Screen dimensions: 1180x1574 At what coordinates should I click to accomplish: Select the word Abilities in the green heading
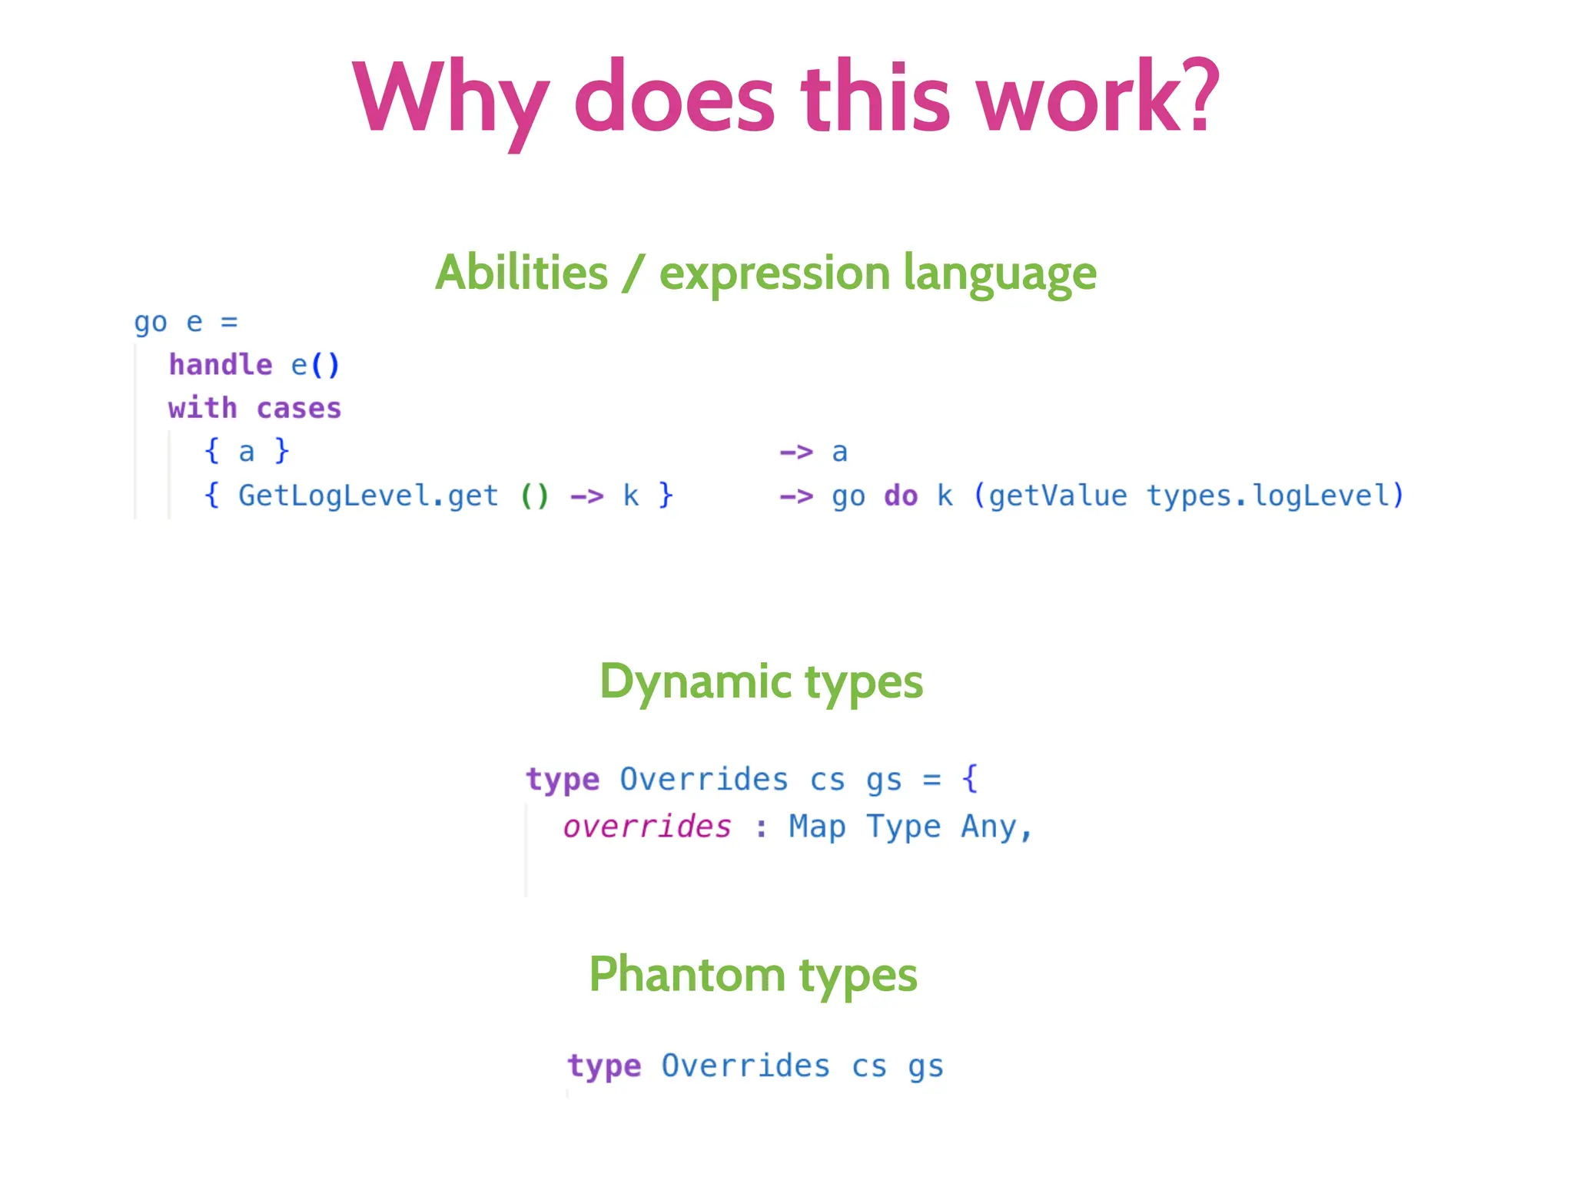pyautogui.click(x=522, y=273)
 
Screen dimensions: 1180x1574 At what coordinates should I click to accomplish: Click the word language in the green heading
pyautogui.click(x=999, y=274)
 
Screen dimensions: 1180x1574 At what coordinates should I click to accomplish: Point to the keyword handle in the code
pyautogui.click(x=221, y=365)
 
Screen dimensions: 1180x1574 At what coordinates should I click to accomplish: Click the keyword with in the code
pyautogui.click(x=203, y=408)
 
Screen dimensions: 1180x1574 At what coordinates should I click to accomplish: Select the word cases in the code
pyautogui.click(x=298, y=409)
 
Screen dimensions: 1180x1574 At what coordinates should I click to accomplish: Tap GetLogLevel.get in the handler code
pyautogui.click(x=368, y=496)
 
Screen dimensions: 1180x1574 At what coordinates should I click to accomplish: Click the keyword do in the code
pyautogui.click(x=901, y=496)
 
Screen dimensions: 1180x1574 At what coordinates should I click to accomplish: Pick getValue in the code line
pyautogui.click(x=1058, y=496)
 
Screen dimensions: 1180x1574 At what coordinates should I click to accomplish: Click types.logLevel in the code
pyautogui.click(x=1268, y=496)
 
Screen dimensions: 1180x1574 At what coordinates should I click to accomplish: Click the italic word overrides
pyautogui.click(x=647, y=827)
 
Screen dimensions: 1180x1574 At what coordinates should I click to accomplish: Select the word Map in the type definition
pyautogui.click(x=817, y=827)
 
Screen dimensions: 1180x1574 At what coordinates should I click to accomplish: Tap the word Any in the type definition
pyautogui.click(x=989, y=827)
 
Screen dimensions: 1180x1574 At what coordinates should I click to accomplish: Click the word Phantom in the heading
pyautogui.click(x=686, y=975)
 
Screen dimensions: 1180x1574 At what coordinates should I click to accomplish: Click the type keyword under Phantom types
pyautogui.click(x=604, y=1066)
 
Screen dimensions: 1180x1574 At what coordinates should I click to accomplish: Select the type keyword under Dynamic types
pyautogui.click(x=563, y=780)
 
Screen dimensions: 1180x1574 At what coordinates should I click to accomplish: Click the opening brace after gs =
pyautogui.click(x=970, y=778)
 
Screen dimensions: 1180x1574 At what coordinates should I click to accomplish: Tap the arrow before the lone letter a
pyautogui.click(x=796, y=452)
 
